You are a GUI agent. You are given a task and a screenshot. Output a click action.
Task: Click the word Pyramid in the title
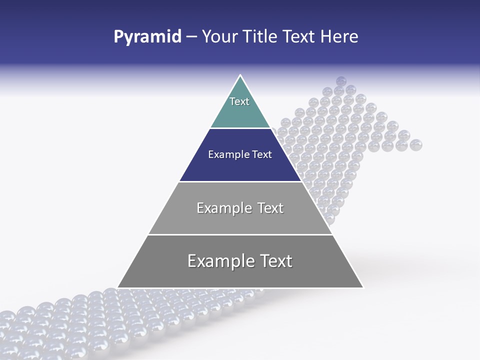147,37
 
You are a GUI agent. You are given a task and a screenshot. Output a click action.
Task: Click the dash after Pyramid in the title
191,37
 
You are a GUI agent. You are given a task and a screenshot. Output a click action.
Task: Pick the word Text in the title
299,37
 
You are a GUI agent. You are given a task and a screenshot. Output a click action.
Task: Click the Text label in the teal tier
239,101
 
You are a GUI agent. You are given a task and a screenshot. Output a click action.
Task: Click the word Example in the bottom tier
219,261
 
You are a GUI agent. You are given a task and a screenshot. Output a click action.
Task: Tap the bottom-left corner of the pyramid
118,287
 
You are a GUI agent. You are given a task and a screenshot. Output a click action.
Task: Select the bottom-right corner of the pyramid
363,287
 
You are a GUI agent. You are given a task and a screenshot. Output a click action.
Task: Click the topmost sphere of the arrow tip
341,81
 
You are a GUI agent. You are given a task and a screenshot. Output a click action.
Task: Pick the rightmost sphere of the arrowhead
416,145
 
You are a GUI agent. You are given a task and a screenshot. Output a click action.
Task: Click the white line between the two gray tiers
240,234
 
